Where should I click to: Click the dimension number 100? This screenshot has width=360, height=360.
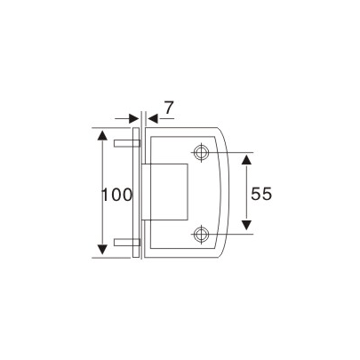point(116,194)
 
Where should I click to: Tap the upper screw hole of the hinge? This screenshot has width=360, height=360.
point(203,151)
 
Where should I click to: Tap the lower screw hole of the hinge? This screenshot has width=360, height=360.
point(203,235)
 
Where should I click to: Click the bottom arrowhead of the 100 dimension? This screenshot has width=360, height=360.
point(103,251)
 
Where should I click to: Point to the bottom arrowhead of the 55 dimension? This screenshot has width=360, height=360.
point(247,228)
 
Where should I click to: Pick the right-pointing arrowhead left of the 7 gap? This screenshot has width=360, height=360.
point(131,117)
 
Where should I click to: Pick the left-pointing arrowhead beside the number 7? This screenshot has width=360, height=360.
point(152,117)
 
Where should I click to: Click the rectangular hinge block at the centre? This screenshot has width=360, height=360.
point(171,193)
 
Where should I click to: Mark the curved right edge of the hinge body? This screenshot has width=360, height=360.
point(230,193)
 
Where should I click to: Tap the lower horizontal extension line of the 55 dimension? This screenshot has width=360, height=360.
point(233,235)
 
